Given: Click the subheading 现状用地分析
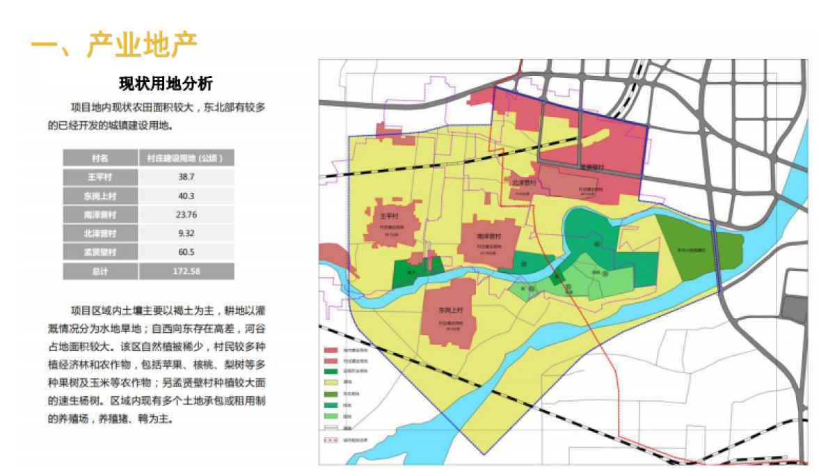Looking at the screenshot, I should (x=166, y=84).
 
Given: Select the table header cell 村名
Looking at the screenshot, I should (x=100, y=158).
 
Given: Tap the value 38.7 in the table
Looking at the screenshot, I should (x=186, y=177).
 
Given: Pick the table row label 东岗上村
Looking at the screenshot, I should (x=100, y=196).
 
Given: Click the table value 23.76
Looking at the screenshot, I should (x=186, y=214).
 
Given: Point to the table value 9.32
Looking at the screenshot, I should (x=186, y=233).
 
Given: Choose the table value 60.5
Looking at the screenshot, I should (x=186, y=252).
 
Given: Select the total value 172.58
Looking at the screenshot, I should (x=186, y=271).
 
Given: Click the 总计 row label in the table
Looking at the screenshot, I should (x=100, y=271).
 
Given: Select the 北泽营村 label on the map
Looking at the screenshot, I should (x=523, y=183).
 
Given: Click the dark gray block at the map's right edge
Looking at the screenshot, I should (x=794, y=307).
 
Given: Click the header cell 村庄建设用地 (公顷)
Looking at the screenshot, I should (x=186, y=158).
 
